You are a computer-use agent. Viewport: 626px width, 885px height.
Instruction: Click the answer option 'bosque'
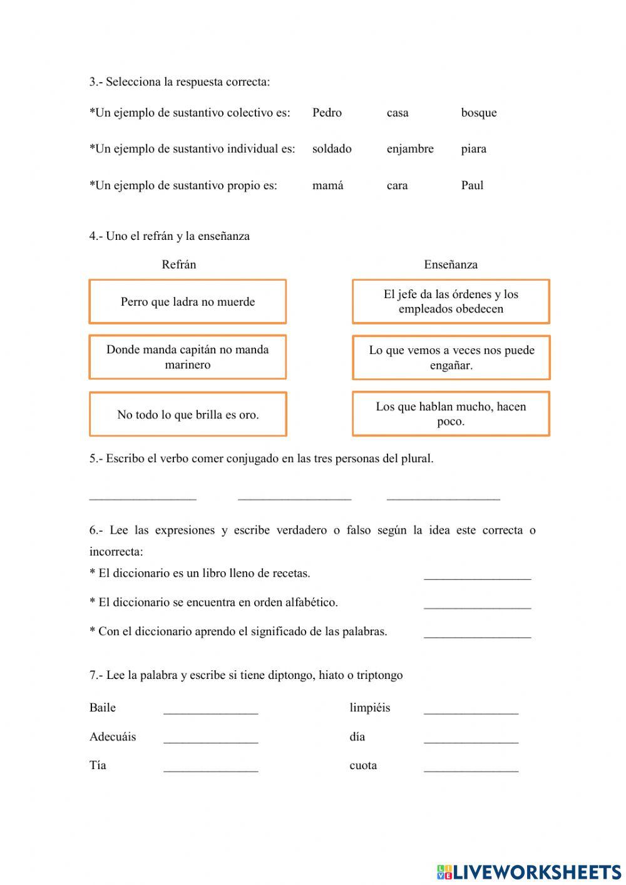click(479, 113)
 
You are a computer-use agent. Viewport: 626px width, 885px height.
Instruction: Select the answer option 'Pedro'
click(327, 113)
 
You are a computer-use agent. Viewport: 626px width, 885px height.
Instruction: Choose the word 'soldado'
click(332, 149)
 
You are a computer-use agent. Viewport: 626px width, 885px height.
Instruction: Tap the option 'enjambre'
click(410, 149)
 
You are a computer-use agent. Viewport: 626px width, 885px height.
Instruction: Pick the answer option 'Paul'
click(472, 185)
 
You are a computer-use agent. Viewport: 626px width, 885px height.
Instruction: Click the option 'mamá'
click(327, 185)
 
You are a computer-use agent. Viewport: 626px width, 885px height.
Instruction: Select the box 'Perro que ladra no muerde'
click(188, 302)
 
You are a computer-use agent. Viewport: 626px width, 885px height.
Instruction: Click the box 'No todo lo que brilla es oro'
click(188, 415)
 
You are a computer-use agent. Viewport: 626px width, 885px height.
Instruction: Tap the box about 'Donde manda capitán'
click(188, 357)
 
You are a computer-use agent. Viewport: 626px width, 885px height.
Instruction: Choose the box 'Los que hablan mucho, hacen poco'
click(451, 414)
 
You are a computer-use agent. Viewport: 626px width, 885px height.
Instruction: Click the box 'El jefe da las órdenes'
click(451, 301)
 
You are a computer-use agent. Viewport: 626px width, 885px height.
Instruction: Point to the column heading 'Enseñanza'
click(451, 264)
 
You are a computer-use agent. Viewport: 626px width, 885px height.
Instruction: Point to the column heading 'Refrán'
click(179, 264)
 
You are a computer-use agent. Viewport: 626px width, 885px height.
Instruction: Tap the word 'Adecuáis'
click(113, 737)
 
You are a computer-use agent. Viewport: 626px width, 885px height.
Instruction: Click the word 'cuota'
click(363, 765)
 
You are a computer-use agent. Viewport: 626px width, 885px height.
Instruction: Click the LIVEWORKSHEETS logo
click(529, 871)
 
